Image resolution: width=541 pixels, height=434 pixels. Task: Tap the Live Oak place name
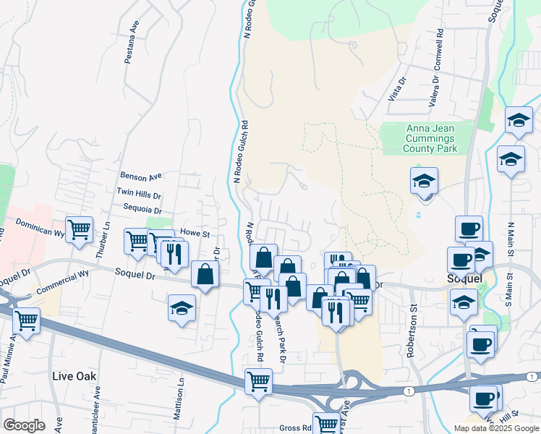(x=74, y=377)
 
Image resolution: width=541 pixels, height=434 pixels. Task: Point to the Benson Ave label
(x=141, y=176)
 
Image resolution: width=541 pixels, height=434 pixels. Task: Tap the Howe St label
(x=195, y=234)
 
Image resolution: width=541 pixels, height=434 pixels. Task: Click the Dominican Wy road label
(x=40, y=229)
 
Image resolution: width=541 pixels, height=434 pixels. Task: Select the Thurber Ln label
(x=106, y=235)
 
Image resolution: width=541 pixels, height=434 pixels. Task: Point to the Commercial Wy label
(x=62, y=281)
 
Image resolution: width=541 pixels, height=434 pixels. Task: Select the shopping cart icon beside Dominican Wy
(x=79, y=229)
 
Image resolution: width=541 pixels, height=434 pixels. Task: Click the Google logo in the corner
(x=24, y=425)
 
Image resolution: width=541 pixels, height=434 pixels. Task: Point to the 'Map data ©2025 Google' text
(x=496, y=428)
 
